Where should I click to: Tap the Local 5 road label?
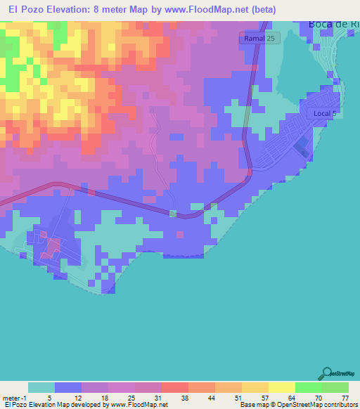coord(326,113)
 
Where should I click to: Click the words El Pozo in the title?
coord(29,9)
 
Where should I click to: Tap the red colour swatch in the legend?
coord(174,387)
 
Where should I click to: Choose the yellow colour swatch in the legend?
coord(281,387)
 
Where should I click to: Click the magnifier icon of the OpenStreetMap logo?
coord(326,374)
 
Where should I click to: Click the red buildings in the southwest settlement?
coord(51,247)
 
